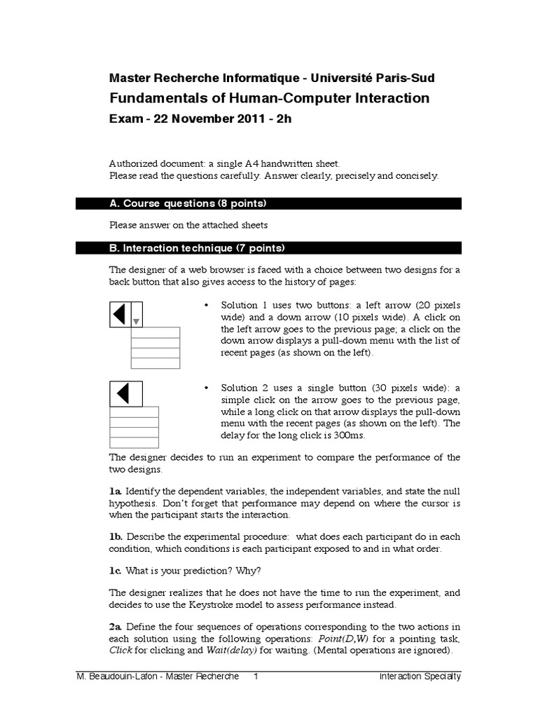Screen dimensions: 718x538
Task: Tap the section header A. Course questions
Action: [x=188, y=203]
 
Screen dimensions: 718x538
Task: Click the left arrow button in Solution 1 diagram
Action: [x=120, y=314]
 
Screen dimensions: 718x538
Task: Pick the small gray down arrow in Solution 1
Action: [x=137, y=322]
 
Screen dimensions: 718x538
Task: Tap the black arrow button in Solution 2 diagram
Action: [x=126, y=393]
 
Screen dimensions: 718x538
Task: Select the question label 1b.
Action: [x=116, y=536]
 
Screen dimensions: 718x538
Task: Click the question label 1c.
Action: [x=116, y=569]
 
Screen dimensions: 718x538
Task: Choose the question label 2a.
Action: [x=116, y=626]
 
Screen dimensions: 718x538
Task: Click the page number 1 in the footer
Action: [x=256, y=677]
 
